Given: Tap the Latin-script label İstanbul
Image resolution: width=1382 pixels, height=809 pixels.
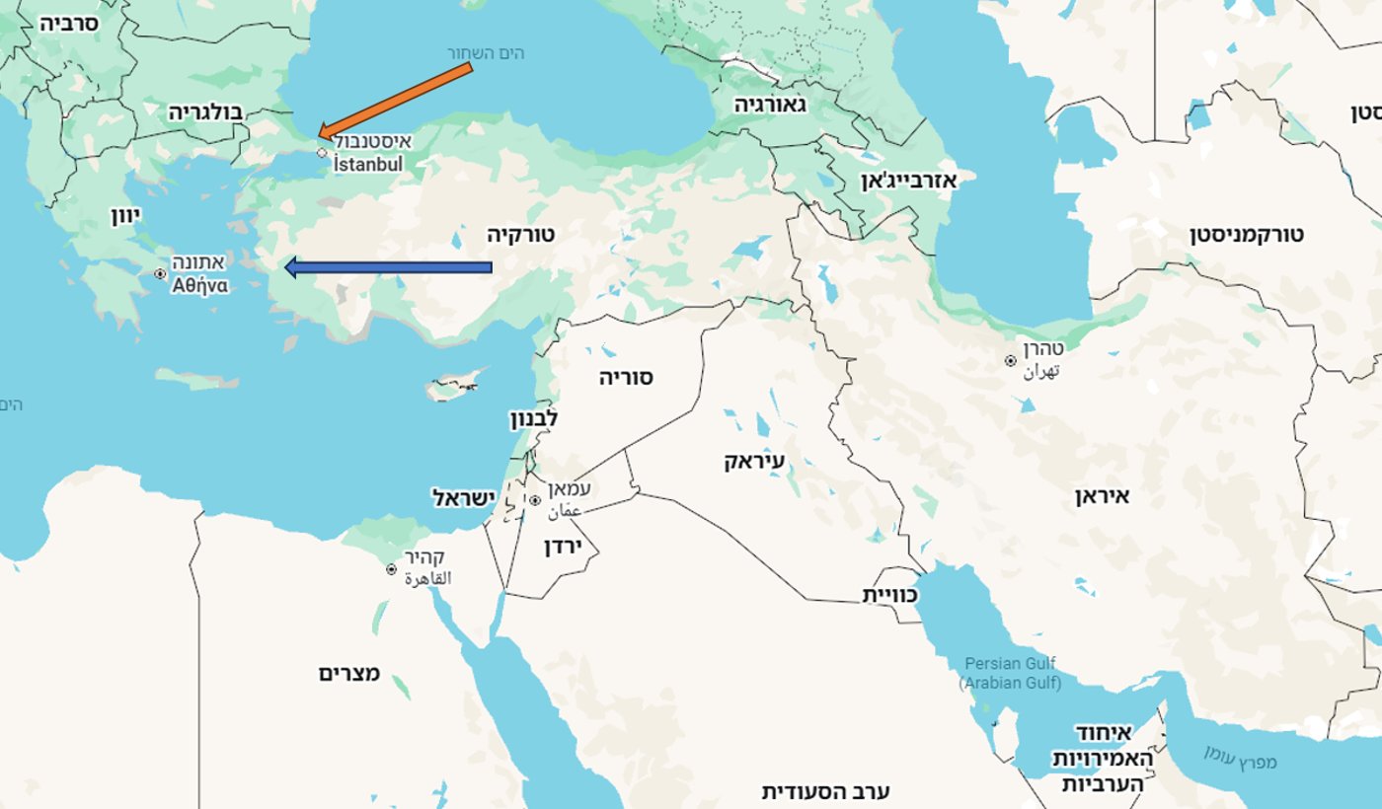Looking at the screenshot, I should pos(367,165).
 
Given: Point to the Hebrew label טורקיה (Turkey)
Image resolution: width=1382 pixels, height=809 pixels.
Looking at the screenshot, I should pos(521,235).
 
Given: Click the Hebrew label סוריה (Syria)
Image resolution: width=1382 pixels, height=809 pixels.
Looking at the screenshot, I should pos(627,377).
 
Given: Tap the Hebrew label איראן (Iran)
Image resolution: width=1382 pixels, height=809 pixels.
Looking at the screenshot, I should pos(1102,496).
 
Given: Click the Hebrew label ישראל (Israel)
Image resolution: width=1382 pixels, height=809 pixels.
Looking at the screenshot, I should pos(462,498).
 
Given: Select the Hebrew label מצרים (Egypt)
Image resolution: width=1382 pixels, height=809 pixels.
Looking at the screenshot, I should pos(349,674).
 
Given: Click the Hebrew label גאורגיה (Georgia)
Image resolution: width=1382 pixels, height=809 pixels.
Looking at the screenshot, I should pos(771,105).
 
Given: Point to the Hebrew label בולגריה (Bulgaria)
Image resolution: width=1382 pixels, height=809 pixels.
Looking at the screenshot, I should pos(205,110).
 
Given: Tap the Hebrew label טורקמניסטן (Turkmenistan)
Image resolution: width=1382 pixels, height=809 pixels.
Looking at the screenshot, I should pos(1247,235).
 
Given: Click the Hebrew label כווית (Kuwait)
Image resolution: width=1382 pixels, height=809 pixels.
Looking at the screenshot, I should pos(890,595).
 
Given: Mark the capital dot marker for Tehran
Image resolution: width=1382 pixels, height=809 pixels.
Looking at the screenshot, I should pos(1010,361).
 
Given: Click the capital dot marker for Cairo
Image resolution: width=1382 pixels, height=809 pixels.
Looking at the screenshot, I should pos(391,569).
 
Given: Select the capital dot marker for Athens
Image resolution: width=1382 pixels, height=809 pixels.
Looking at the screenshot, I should pos(160,273).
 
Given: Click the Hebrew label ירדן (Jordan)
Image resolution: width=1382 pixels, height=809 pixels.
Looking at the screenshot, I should pos(565,546).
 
